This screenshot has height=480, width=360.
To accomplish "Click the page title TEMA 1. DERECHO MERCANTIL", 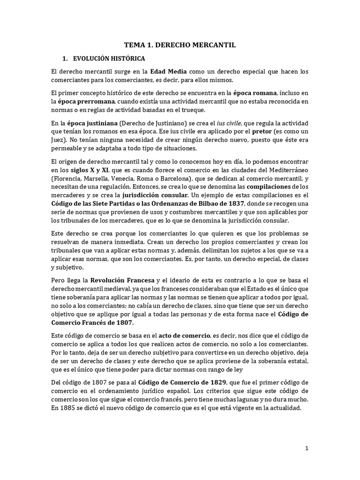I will (x=180, y=45).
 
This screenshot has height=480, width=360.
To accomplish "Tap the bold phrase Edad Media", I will (x=168, y=72).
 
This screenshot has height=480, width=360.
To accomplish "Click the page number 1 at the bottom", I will (x=307, y=448).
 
